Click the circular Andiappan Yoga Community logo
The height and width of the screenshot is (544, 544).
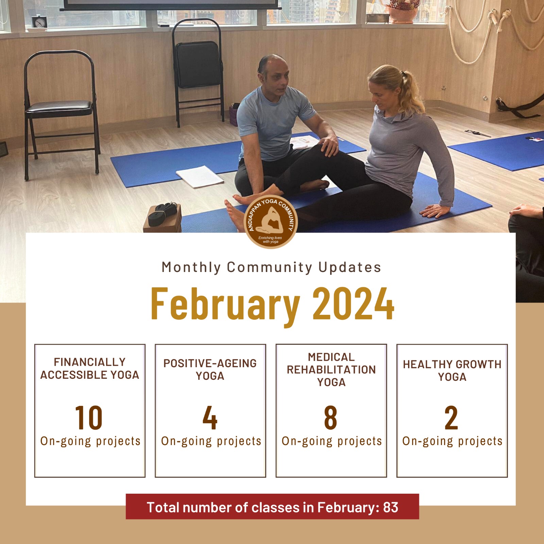coord(271,222)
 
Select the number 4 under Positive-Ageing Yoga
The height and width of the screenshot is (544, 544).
coord(210,418)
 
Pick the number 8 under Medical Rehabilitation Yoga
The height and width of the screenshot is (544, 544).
coord(330,418)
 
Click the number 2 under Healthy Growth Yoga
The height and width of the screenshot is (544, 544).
coord(451,418)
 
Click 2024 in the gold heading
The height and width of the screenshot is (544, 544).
coord(353,303)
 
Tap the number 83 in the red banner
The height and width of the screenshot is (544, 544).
coord(391,507)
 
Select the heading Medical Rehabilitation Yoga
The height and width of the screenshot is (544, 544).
coord(331,370)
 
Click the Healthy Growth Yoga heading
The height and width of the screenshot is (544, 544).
coord(452,371)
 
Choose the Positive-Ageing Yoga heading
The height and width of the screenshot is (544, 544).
coord(210,370)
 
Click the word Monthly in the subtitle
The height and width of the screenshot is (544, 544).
coord(191,268)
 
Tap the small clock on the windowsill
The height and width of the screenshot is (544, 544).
coord(39,22)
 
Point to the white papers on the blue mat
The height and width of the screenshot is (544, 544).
coord(200,176)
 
